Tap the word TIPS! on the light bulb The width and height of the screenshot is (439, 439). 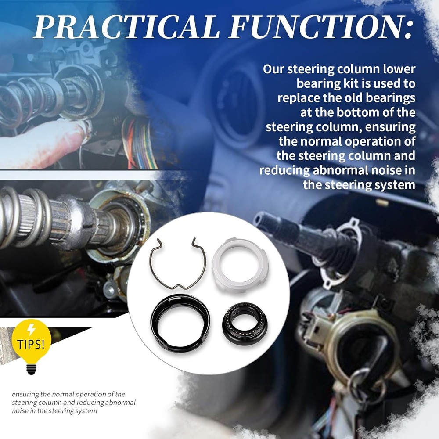coord(31,344)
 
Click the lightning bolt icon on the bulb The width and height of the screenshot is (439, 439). coord(31,330)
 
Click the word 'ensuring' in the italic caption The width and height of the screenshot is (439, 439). coord(25,395)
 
